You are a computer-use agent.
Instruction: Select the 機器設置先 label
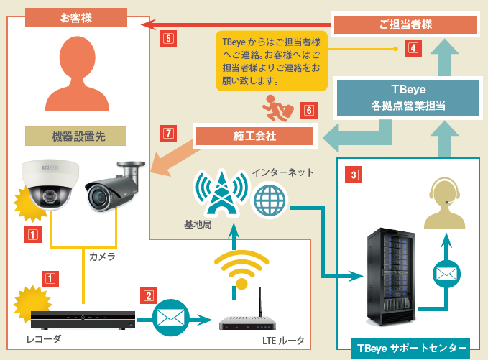tap(75, 136)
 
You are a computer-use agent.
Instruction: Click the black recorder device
tap(83, 320)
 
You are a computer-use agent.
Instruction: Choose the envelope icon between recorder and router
tap(171, 317)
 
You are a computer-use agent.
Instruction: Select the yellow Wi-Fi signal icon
tap(241, 269)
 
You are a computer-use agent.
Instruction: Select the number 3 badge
tap(354, 174)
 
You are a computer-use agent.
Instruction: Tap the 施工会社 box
tap(254, 135)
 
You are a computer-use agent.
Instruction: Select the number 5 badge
tap(168, 38)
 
